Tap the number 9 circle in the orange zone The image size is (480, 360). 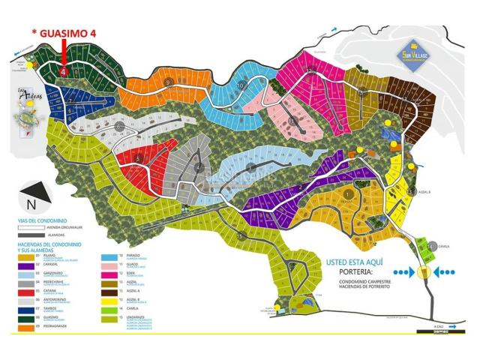pos(169,82)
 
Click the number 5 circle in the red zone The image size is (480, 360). pos(139,158)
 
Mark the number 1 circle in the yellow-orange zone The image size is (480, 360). pos(349,194)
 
